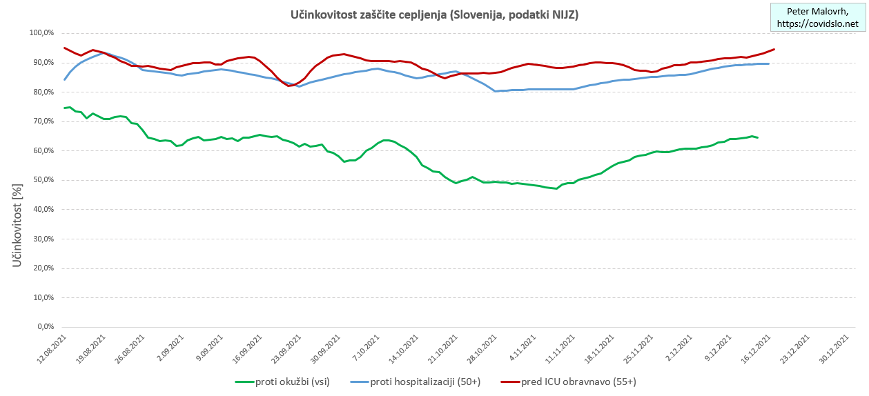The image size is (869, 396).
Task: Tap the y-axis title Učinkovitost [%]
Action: point(19,225)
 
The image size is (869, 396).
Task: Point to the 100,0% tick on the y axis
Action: point(41,33)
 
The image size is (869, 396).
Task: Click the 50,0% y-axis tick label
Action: point(43,180)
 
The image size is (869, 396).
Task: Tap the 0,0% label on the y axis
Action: point(45,327)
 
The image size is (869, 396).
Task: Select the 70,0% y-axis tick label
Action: point(43,121)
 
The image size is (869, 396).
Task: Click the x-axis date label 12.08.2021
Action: point(52,349)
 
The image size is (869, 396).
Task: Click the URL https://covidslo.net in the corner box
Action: point(818,24)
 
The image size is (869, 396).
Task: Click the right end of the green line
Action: point(758,137)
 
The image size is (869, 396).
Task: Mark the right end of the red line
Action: point(774,49)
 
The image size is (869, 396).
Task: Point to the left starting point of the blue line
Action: point(64,79)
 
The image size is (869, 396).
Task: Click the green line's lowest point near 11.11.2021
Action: point(556,188)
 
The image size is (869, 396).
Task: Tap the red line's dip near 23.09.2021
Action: point(289,86)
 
